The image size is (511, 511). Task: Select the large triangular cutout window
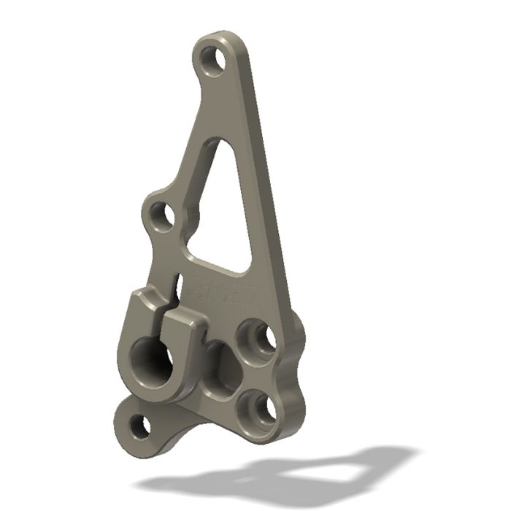click(x=223, y=212)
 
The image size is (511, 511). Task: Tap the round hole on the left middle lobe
click(x=164, y=217)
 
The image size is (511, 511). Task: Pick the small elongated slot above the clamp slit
click(x=177, y=281)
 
